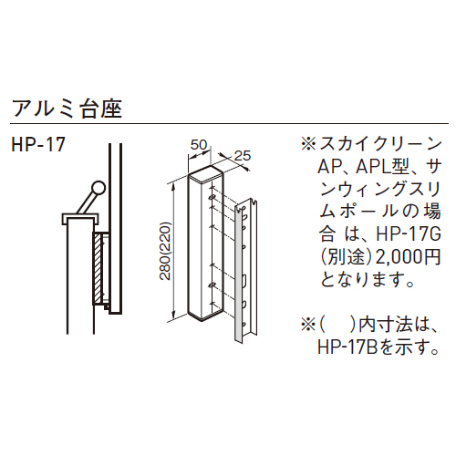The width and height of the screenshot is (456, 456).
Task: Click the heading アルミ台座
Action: pos(67,109)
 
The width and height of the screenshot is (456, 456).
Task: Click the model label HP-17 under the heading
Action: pos(38,144)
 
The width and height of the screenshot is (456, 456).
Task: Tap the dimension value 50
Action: pos(199,145)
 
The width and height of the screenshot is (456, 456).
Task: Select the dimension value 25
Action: pos(243,156)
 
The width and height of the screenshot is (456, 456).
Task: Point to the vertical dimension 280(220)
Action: pos(166,251)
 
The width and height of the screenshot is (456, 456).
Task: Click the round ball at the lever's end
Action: pos(98,188)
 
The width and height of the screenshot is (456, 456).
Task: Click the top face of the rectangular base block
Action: pos(206,175)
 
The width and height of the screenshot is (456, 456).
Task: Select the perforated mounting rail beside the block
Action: pos(246,271)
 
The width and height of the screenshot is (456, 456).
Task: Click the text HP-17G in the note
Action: pos(409,235)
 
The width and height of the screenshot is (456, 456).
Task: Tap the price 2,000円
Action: pos(409,257)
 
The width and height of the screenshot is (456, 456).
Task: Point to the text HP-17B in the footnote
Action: pos(347,348)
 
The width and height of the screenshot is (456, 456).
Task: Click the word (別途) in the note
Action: pos(347,258)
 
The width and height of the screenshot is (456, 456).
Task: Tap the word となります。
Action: pos(368,280)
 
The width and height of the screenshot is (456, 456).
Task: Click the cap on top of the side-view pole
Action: pos(80,219)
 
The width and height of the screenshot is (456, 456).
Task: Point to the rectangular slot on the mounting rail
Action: pos(244,281)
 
